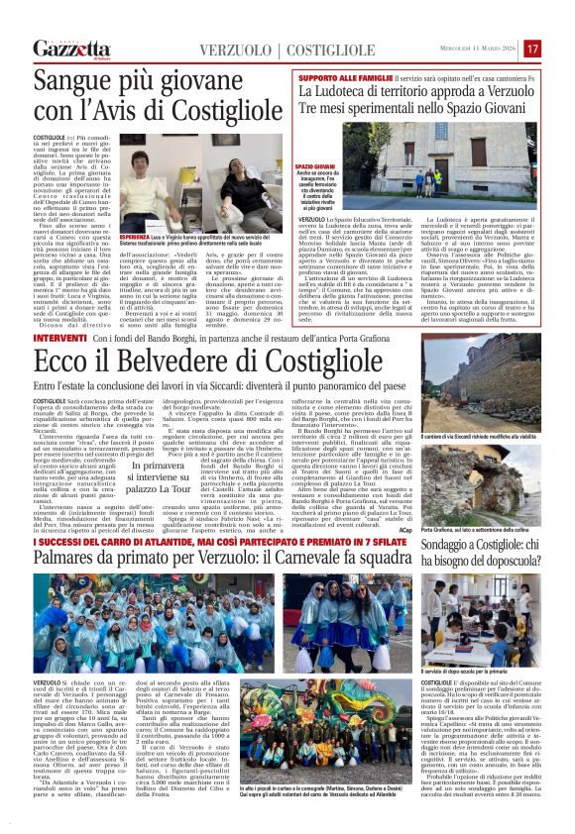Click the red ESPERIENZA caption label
point(137,239)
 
